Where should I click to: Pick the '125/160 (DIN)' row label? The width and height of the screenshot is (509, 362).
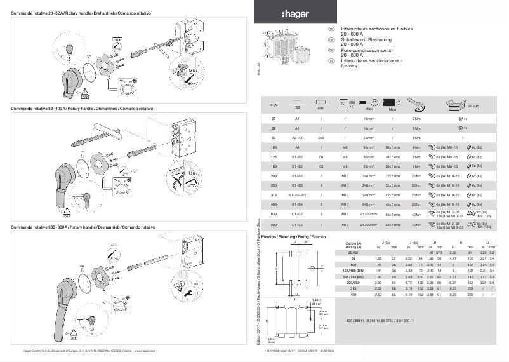tap(354, 271)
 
